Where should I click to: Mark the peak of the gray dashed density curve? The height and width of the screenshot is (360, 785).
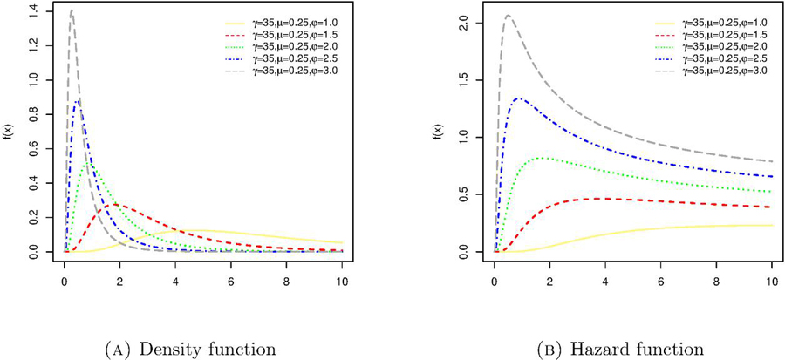(x=71, y=10)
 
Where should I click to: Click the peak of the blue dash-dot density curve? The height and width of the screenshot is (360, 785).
(x=78, y=100)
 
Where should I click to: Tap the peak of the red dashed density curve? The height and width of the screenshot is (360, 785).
(x=117, y=204)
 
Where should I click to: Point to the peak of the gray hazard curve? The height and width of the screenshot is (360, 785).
(x=508, y=15)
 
